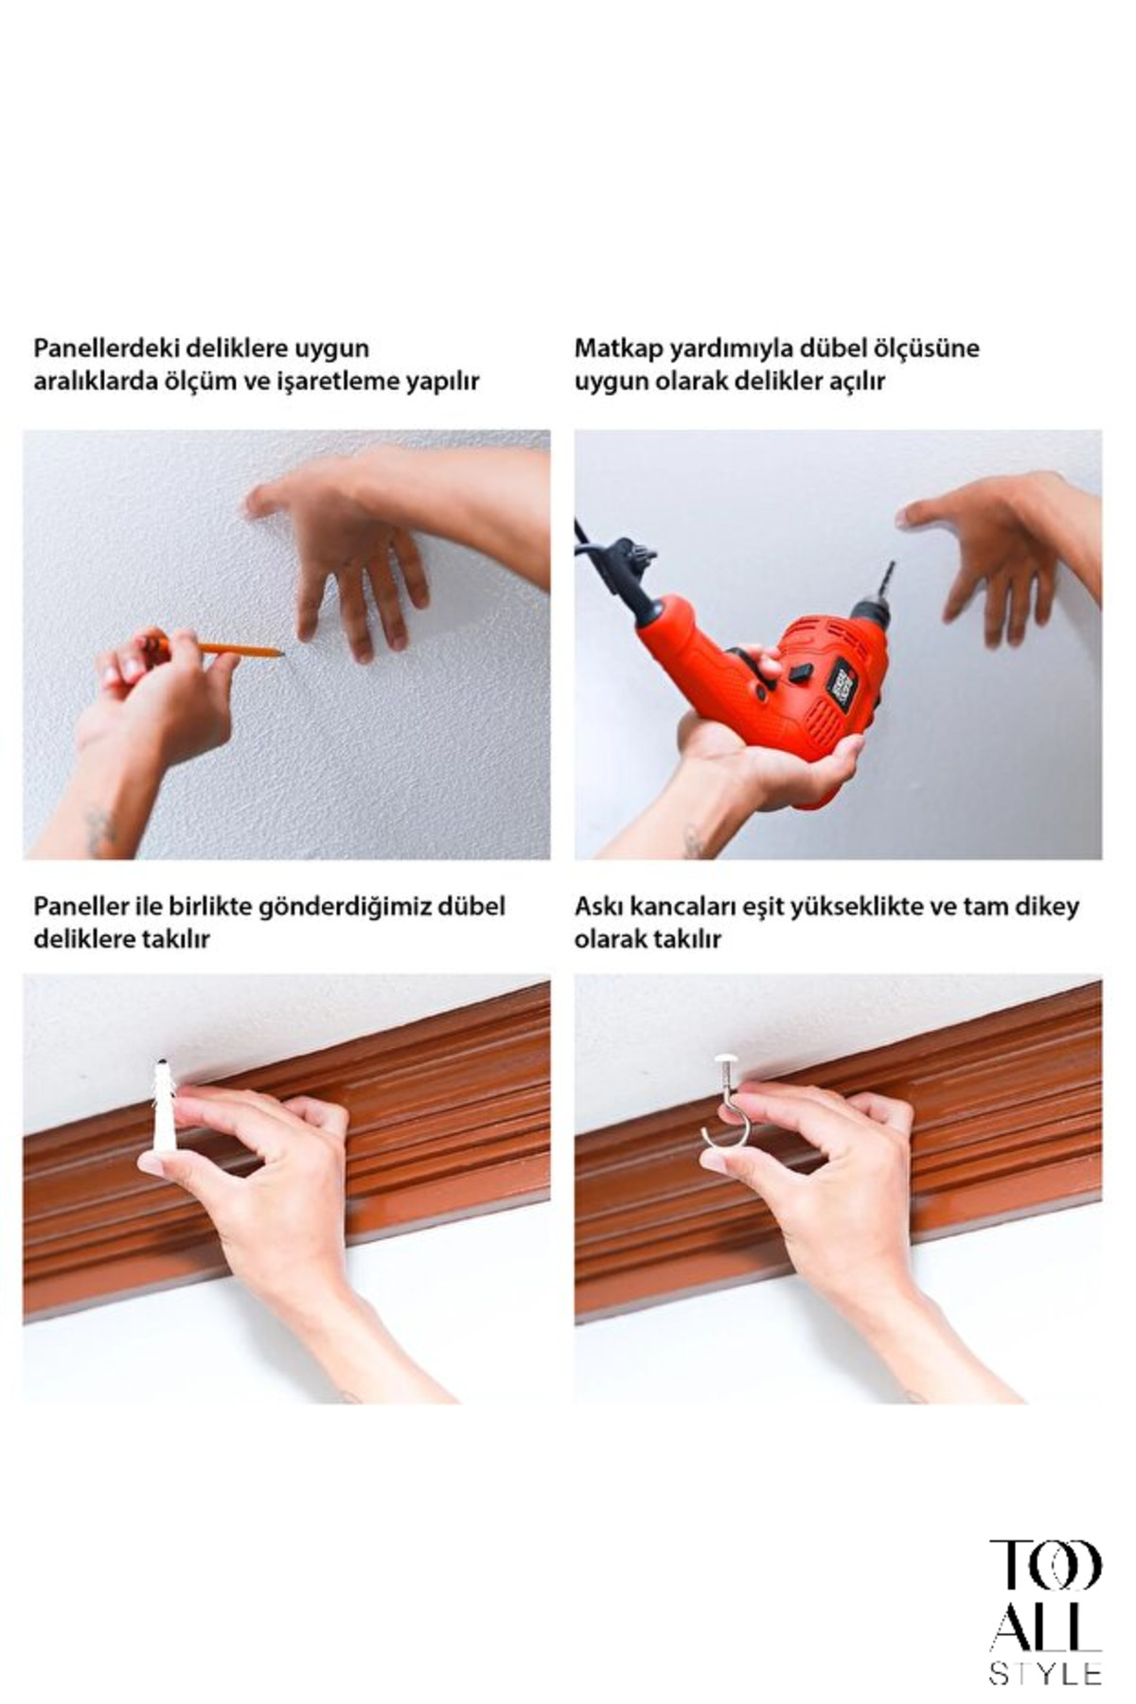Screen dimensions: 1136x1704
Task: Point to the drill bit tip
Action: [x=891, y=564]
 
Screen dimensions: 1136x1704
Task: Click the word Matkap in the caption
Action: [x=618, y=348]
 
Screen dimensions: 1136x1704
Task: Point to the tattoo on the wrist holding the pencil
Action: [x=99, y=831]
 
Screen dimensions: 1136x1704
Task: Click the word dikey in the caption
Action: [x=1046, y=907]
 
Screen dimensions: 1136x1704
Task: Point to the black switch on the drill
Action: [x=801, y=674]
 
